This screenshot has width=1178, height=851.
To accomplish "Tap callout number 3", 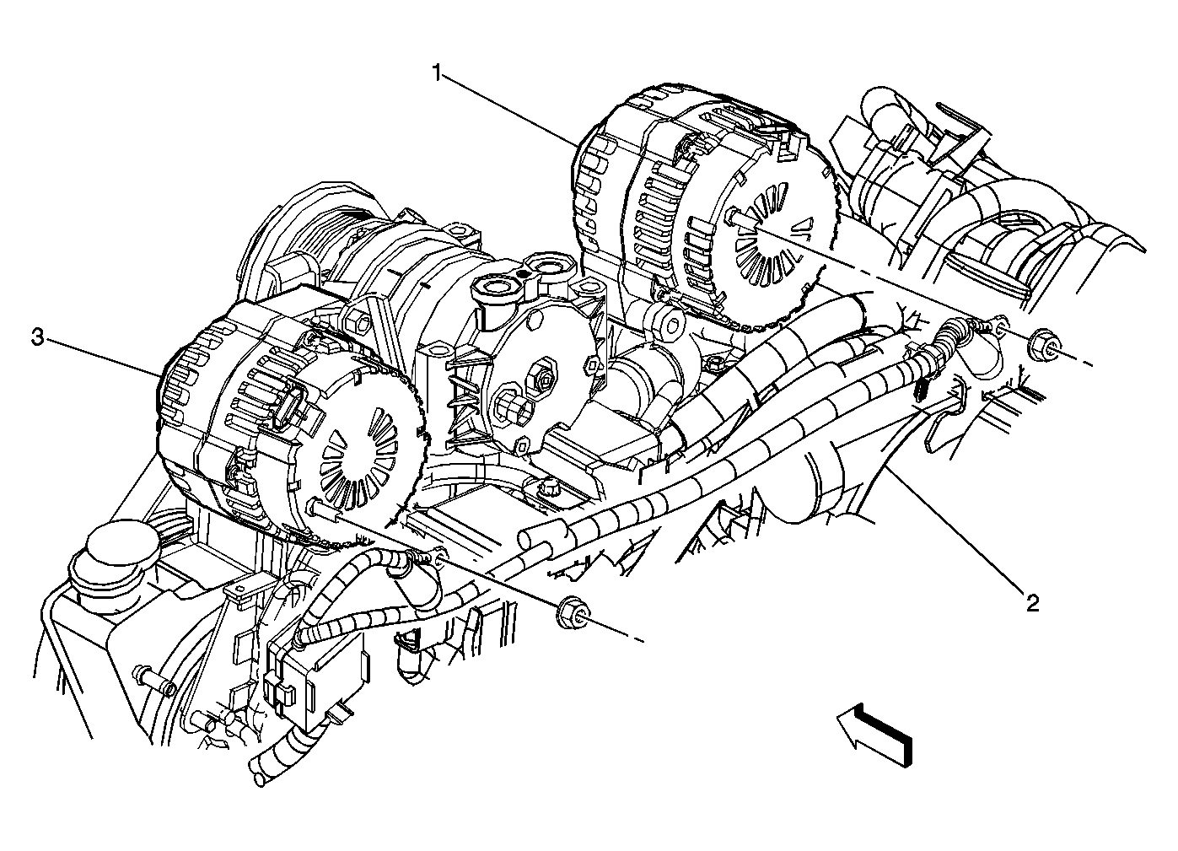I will (37, 338).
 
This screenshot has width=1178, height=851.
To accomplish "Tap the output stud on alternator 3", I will (321, 510).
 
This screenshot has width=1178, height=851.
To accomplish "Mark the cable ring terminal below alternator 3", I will (435, 556).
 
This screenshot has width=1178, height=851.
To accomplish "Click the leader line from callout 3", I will (101, 355).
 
